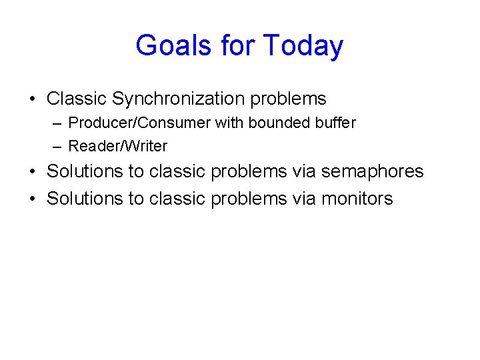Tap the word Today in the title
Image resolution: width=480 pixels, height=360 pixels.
pyautogui.click(x=303, y=46)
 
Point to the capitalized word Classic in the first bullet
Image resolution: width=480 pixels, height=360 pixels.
pyautogui.click(x=77, y=99)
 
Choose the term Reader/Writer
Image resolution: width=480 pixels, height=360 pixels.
pyautogui.click(x=118, y=146)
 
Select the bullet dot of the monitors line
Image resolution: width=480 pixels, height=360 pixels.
pyautogui.click(x=32, y=199)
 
